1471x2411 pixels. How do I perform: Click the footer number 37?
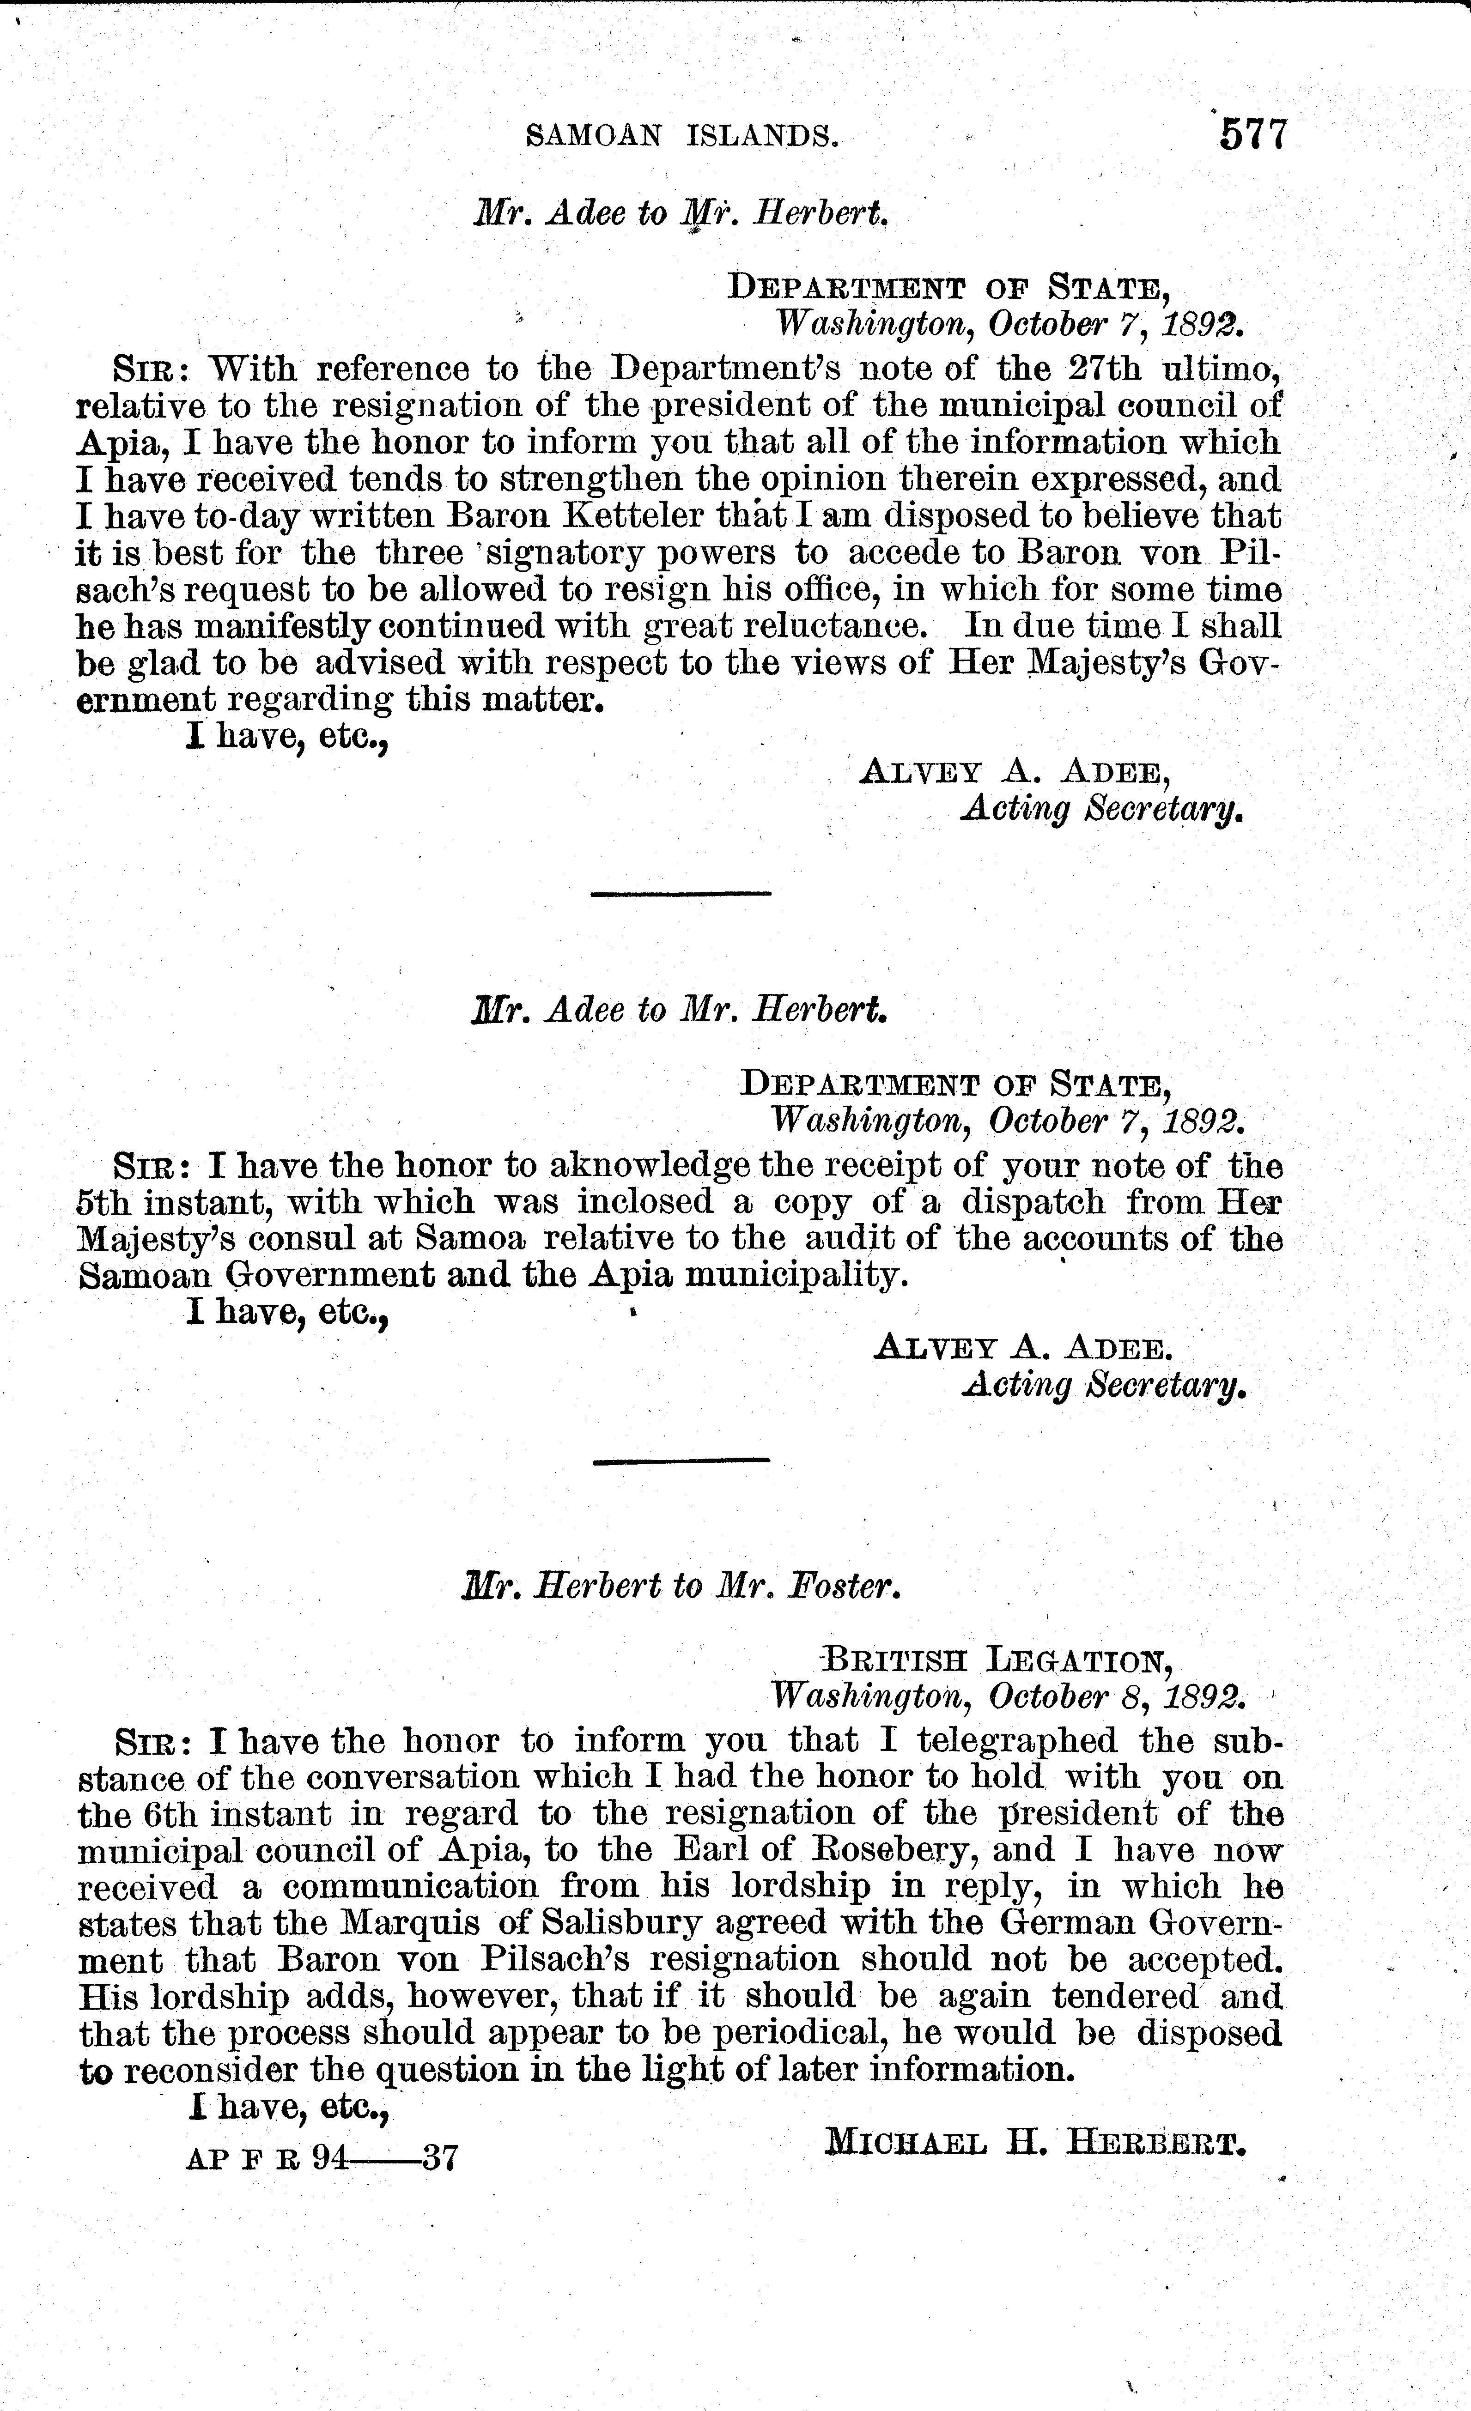coord(439,2158)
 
